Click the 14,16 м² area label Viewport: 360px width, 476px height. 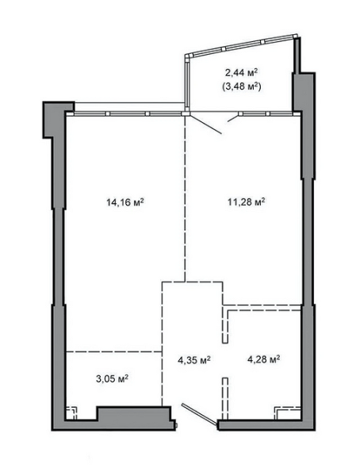[124, 202]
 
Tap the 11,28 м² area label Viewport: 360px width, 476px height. [246, 202]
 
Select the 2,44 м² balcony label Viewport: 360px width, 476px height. [241, 73]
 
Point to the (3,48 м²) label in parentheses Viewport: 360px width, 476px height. [241, 87]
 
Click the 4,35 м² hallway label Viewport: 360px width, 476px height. [194, 360]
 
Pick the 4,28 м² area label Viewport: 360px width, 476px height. [263, 359]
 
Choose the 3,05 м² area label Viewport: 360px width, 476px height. [112, 379]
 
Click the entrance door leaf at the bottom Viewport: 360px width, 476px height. [200, 415]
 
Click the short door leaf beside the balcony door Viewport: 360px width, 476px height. [233, 118]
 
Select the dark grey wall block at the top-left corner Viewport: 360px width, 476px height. [59, 120]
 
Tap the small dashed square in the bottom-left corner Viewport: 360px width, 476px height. [71, 413]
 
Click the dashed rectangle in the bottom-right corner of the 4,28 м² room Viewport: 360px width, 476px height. [288, 413]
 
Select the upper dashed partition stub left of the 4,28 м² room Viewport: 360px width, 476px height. [225, 326]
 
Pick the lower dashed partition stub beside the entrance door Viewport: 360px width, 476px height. [225, 398]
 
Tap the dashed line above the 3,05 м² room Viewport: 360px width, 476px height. [114, 351]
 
